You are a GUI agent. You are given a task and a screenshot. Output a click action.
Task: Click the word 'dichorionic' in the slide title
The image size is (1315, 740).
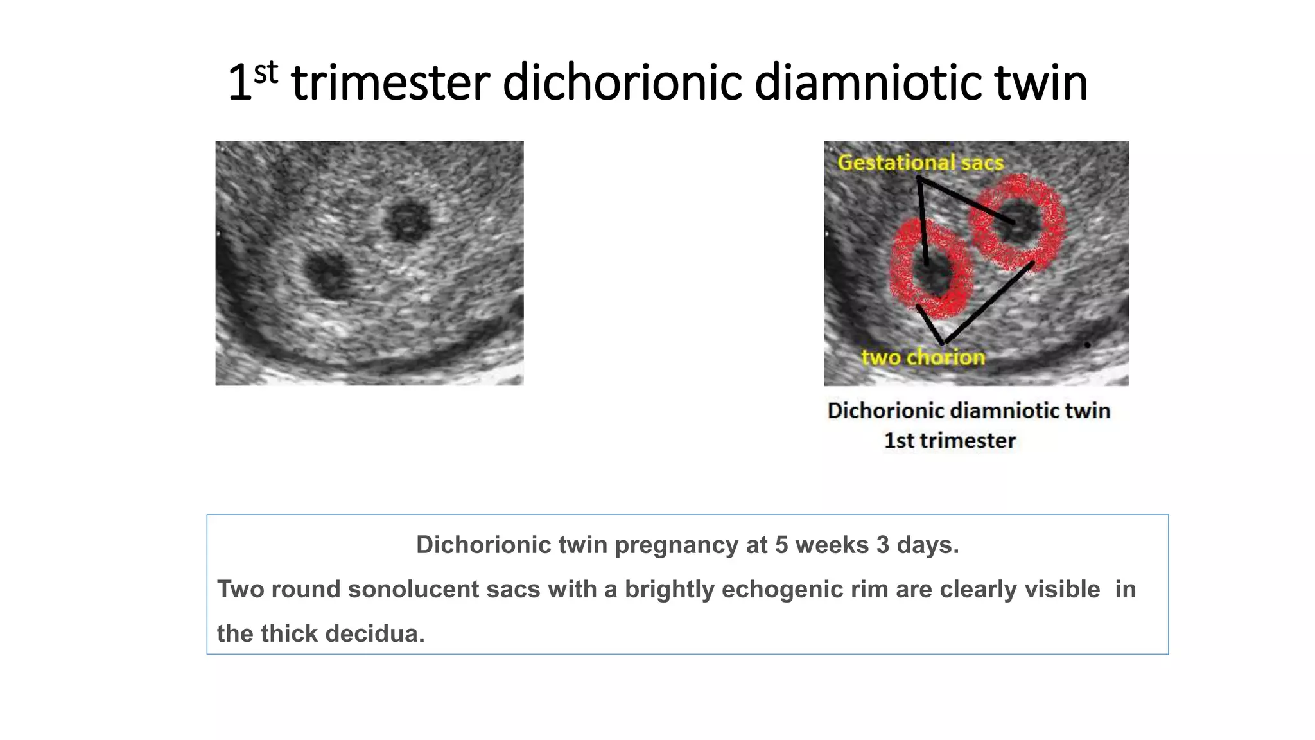pyautogui.click(x=622, y=84)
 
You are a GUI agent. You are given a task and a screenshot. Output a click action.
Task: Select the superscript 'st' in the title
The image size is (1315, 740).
pyautogui.click(x=266, y=73)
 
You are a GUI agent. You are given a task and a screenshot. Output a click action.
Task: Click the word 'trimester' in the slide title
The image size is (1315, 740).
pyautogui.click(x=390, y=84)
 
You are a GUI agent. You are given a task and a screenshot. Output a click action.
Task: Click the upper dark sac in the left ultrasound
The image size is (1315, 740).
pyautogui.click(x=406, y=222)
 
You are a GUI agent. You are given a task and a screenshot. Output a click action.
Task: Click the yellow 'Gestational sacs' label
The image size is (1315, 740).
pyautogui.click(x=920, y=163)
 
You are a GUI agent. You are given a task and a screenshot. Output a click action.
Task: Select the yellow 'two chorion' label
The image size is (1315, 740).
pyautogui.click(x=923, y=357)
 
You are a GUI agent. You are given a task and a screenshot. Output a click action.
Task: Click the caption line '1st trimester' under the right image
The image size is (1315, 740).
pyautogui.click(x=950, y=441)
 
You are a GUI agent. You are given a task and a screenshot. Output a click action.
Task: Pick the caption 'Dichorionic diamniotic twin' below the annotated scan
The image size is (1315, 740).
pyautogui.click(x=969, y=411)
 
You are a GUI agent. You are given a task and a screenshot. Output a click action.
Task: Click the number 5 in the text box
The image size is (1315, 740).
pyautogui.click(x=781, y=545)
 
